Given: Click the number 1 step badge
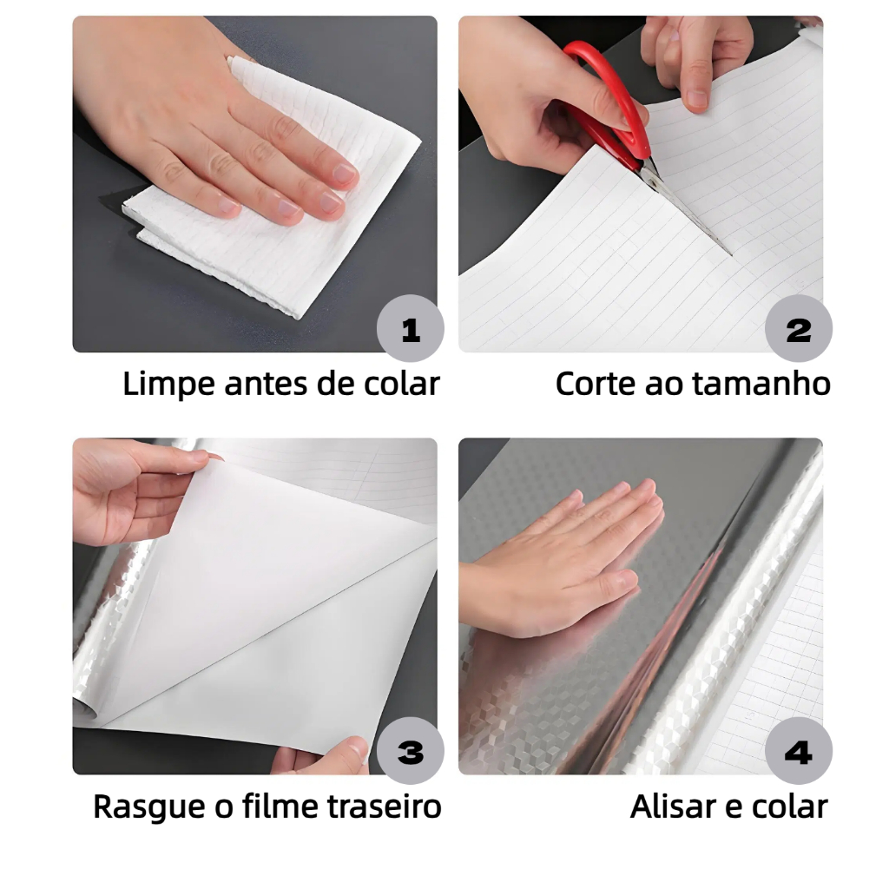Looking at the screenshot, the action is click(410, 328).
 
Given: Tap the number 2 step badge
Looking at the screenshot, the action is click(799, 328).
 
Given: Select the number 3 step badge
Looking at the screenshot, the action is click(410, 751).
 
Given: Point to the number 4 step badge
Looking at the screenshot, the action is click(799, 751).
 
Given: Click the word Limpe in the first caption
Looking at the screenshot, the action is click(169, 385).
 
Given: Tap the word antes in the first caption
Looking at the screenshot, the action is click(266, 385).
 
